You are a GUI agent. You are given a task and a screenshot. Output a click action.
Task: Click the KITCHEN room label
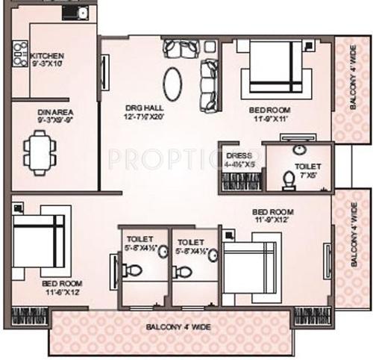click(x=47, y=56)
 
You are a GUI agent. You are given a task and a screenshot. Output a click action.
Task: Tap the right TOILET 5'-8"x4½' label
click(x=191, y=246)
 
